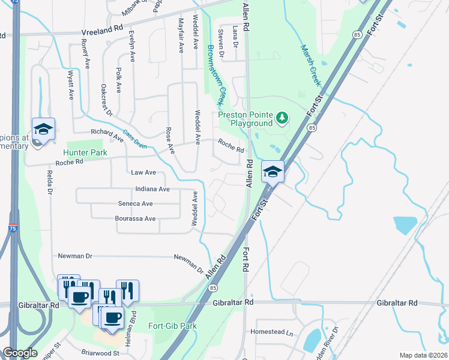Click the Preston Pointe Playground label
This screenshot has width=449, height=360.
pos(245,119)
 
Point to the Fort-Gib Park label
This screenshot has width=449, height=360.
pos(173,326)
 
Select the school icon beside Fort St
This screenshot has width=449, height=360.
pos(273,173)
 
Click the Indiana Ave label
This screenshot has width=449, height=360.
pos(144,189)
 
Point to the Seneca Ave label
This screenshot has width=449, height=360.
pos(135,204)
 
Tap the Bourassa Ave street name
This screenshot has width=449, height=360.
pos(135,219)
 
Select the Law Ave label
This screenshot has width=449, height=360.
pos(143,173)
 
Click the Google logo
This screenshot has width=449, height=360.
pos(20,353)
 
